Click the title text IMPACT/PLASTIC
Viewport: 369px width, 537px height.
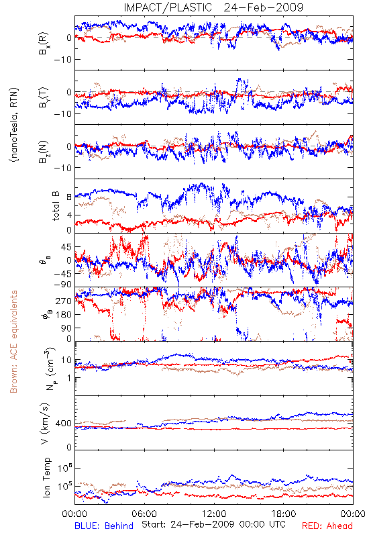[x=168, y=7]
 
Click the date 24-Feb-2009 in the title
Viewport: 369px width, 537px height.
[x=263, y=7]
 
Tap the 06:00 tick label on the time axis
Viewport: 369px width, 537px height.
[x=144, y=514]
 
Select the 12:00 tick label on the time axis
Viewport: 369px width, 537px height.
[x=214, y=514]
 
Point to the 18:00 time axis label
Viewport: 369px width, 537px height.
[x=284, y=514]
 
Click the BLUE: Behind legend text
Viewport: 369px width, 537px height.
[x=104, y=526]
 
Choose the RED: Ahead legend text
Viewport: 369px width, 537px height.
[x=327, y=526]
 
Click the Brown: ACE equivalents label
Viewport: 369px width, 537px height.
[x=13, y=342]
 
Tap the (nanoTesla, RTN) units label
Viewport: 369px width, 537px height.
[x=14, y=125]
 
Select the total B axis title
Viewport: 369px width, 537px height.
[x=56, y=206]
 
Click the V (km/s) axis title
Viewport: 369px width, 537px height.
[x=45, y=424]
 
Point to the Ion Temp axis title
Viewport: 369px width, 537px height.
[x=46, y=477]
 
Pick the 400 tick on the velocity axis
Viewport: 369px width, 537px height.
[x=64, y=424]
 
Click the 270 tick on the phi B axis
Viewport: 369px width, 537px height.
[x=64, y=301]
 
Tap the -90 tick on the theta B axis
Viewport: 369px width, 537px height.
[x=62, y=285]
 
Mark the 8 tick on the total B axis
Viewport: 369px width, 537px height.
[x=69, y=197]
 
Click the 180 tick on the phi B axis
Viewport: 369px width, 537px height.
[x=64, y=315]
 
